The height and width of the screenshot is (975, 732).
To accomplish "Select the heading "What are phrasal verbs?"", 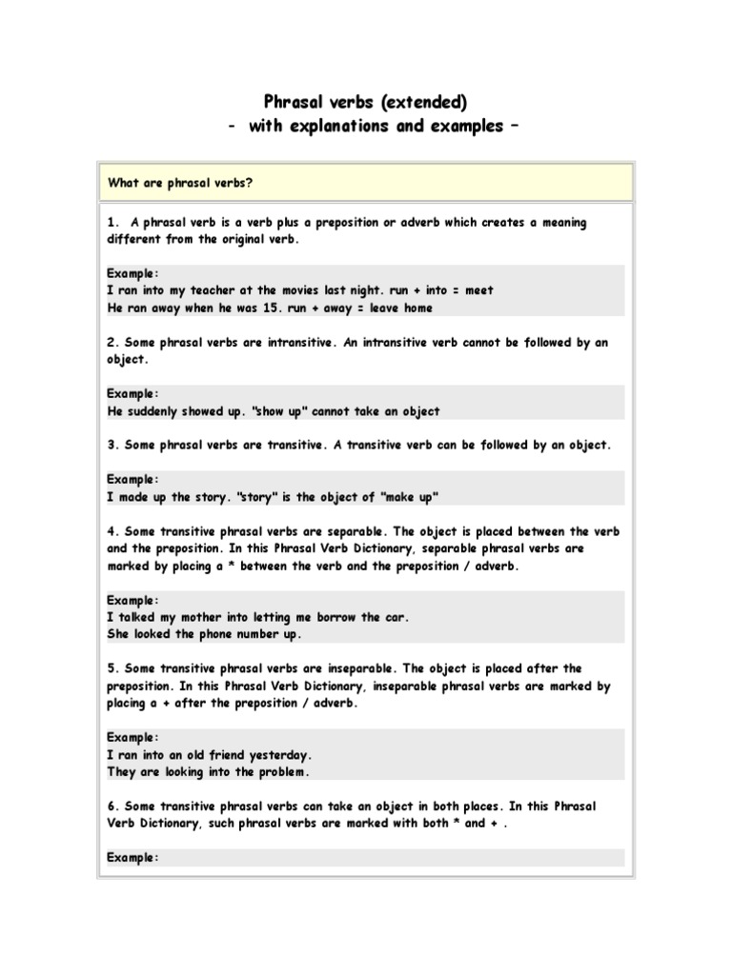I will (x=179, y=183).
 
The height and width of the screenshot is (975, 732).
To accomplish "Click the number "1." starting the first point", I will (x=113, y=222).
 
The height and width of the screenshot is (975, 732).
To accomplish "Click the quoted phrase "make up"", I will (x=413, y=497).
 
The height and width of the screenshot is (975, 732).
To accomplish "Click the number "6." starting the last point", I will (x=112, y=806).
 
